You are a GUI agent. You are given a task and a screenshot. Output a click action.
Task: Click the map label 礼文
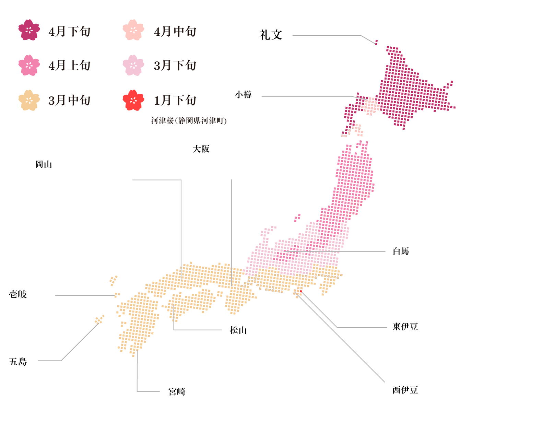tap(271, 35)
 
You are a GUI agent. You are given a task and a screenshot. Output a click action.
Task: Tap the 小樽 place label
tap(243, 95)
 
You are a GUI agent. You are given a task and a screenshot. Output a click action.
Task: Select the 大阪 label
tap(201, 149)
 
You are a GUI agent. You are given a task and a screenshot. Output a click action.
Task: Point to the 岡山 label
tap(44, 165)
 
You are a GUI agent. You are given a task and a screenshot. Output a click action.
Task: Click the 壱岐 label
tap(18, 294)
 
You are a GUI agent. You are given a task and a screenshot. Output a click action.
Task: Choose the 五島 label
tap(18, 362)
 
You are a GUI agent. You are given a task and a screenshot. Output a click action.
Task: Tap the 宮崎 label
tap(177, 392)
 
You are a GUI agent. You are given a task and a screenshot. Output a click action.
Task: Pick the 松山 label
tap(238, 330)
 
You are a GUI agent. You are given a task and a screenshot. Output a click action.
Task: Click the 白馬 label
tap(401, 251)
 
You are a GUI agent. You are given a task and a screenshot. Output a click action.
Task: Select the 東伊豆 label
tap(405, 327)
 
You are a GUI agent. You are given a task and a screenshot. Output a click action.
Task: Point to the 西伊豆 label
tap(405, 390)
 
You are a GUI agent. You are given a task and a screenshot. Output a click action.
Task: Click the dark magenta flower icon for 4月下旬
tap(29, 30)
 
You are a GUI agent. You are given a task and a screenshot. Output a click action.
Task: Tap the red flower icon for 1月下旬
tap(133, 100)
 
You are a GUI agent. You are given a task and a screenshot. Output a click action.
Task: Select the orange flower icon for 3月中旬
tap(29, 100)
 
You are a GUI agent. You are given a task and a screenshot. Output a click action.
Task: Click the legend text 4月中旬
tap(175, 32)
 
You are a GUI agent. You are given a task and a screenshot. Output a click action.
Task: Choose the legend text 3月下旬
tap(175, 65)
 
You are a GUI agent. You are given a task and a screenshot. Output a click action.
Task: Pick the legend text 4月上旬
tap(70, 65)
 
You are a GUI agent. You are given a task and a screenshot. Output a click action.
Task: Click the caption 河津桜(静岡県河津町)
tap(189, 121)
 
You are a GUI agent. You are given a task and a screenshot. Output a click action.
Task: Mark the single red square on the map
tap(301, 292)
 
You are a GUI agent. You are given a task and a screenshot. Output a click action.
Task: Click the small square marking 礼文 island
tap(376, 42)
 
